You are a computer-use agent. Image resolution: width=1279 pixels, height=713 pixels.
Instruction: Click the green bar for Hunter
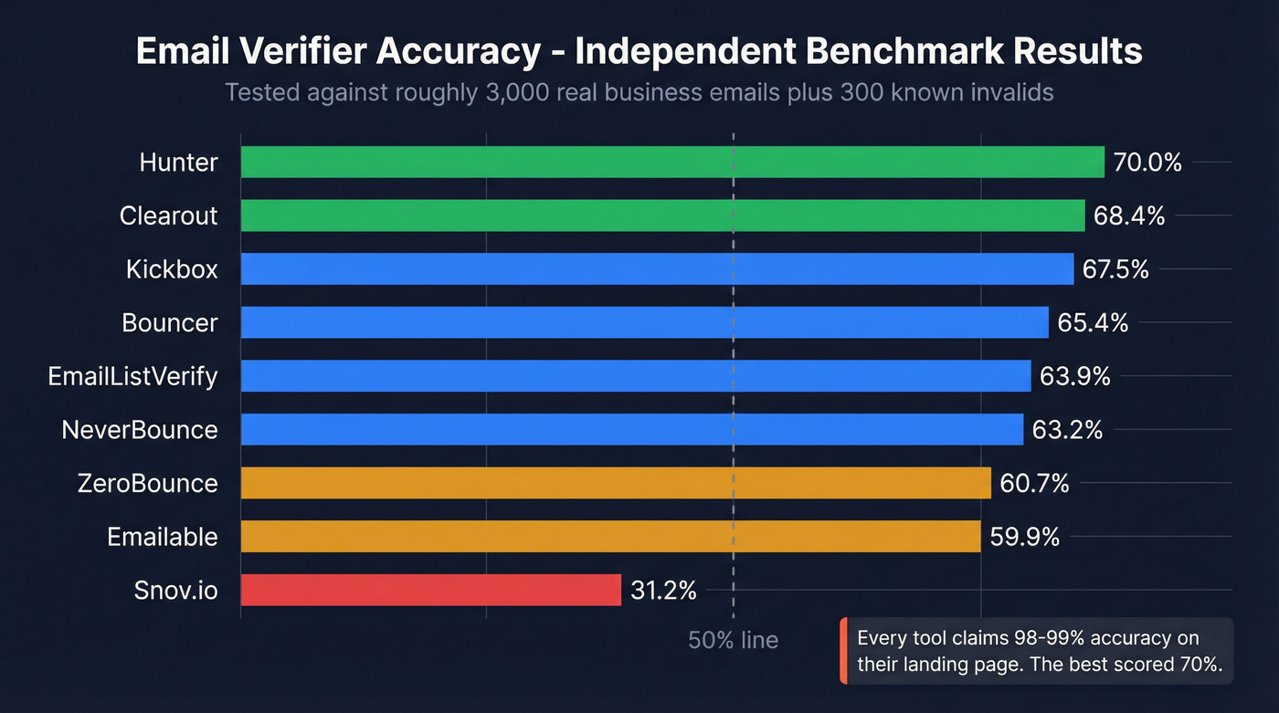pos(672,163)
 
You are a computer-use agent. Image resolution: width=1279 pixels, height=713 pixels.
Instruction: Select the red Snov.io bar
pos(431,590)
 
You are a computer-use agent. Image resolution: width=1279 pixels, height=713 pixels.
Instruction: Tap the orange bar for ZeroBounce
pos(616,483)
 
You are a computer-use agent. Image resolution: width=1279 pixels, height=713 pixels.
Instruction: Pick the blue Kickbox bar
pos(657,269)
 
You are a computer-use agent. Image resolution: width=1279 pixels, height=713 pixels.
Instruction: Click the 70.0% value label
pos(1147,163)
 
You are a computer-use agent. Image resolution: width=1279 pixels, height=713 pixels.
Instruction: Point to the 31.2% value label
pos(663,591)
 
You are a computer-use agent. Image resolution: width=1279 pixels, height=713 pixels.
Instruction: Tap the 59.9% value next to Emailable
pos(1024,537)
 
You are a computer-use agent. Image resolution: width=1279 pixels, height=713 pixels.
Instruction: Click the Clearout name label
pos(169,216)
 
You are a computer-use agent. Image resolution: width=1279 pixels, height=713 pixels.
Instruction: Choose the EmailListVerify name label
pos(133,376)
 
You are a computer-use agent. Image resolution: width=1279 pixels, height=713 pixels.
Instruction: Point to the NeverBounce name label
pos(140,430)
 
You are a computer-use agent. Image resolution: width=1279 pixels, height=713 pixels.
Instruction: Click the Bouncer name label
pos(170,323)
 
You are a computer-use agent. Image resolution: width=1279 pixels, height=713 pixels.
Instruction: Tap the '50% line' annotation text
pos(733,640)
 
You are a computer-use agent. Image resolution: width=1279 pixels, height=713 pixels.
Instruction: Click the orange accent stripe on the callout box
pos(843,651)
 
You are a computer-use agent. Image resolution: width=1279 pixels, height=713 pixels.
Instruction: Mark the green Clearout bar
pos(662,216)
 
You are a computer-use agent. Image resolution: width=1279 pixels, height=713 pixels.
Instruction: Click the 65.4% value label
pos(1093,323)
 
